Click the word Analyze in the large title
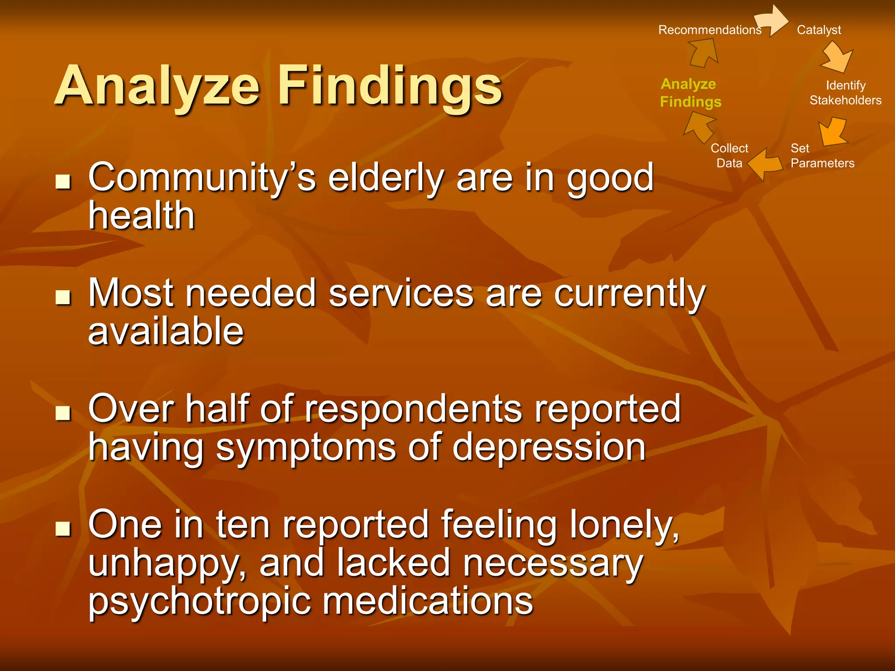coord(157,86)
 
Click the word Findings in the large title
coord(390,86)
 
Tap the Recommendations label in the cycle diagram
coord(709,30)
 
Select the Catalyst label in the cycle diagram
coord(819,30)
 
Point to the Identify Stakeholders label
coord(845,93)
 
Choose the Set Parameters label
coord(822,156)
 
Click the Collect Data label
coord(729,156)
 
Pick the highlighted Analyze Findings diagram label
coord(690,93)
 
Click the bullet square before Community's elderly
coord(63,181)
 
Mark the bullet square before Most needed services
coord(63,297)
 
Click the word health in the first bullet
coord(141,215)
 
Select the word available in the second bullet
coord(166,331)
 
